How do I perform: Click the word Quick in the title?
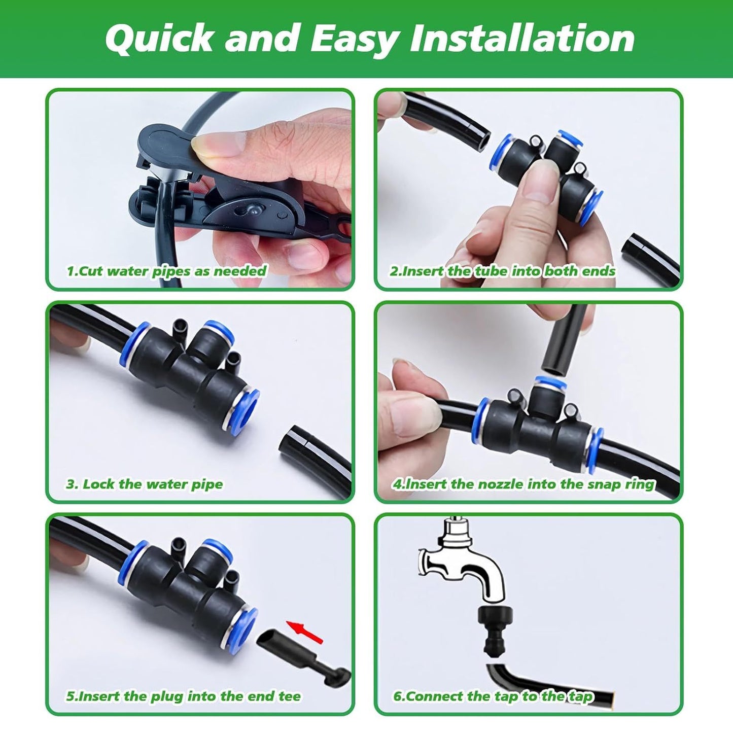tap(159, 39)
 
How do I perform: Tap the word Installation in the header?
tap(522, 39)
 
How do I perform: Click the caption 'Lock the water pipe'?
tap(145, 484)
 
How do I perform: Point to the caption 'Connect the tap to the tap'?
tap(493, 696)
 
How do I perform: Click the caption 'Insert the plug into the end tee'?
tap(183, 696)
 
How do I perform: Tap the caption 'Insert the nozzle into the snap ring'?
tap(523, 484)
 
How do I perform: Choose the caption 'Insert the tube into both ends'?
tap(502, 271)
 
